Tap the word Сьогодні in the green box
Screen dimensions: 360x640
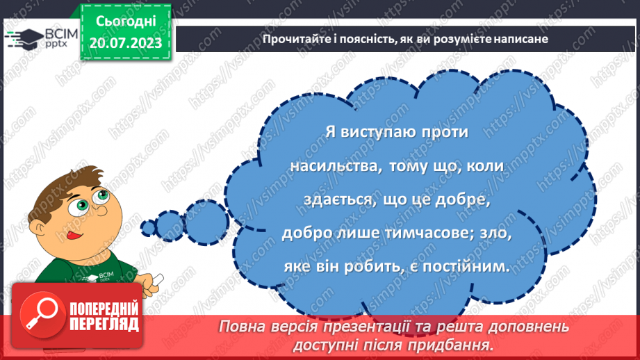point(126,22)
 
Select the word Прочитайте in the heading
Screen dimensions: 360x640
point(293,39)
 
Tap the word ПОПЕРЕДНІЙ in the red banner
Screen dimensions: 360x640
point(105,309)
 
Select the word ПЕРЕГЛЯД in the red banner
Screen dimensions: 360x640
point(105,325)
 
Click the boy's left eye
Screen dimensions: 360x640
point(70,207)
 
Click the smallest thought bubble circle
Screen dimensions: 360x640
point(148,227)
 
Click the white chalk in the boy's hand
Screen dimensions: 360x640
point(156,280)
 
